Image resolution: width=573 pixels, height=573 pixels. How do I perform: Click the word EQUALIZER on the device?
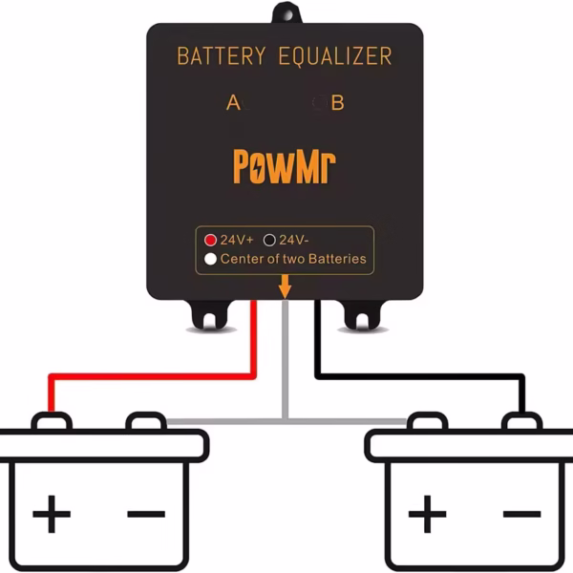334,56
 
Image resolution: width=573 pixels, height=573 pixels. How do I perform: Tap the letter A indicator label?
233,102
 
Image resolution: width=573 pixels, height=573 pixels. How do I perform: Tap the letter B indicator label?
336,102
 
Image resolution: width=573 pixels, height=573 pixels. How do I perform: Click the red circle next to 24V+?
211,241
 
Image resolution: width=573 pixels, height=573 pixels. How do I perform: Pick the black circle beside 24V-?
269,241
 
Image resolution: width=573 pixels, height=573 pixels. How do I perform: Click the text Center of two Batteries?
293,259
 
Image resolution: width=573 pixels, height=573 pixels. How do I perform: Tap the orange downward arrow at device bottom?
285,286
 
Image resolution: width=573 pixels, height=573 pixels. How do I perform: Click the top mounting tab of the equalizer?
286,13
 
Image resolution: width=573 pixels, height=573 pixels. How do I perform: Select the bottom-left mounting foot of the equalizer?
209,315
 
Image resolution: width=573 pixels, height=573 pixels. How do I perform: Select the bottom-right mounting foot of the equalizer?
361,315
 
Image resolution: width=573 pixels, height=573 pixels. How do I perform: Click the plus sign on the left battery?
52,516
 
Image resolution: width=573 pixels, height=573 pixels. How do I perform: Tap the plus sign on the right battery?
427,516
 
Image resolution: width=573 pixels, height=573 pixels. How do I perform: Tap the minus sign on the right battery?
521,516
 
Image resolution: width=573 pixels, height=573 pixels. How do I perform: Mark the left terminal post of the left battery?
52,421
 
